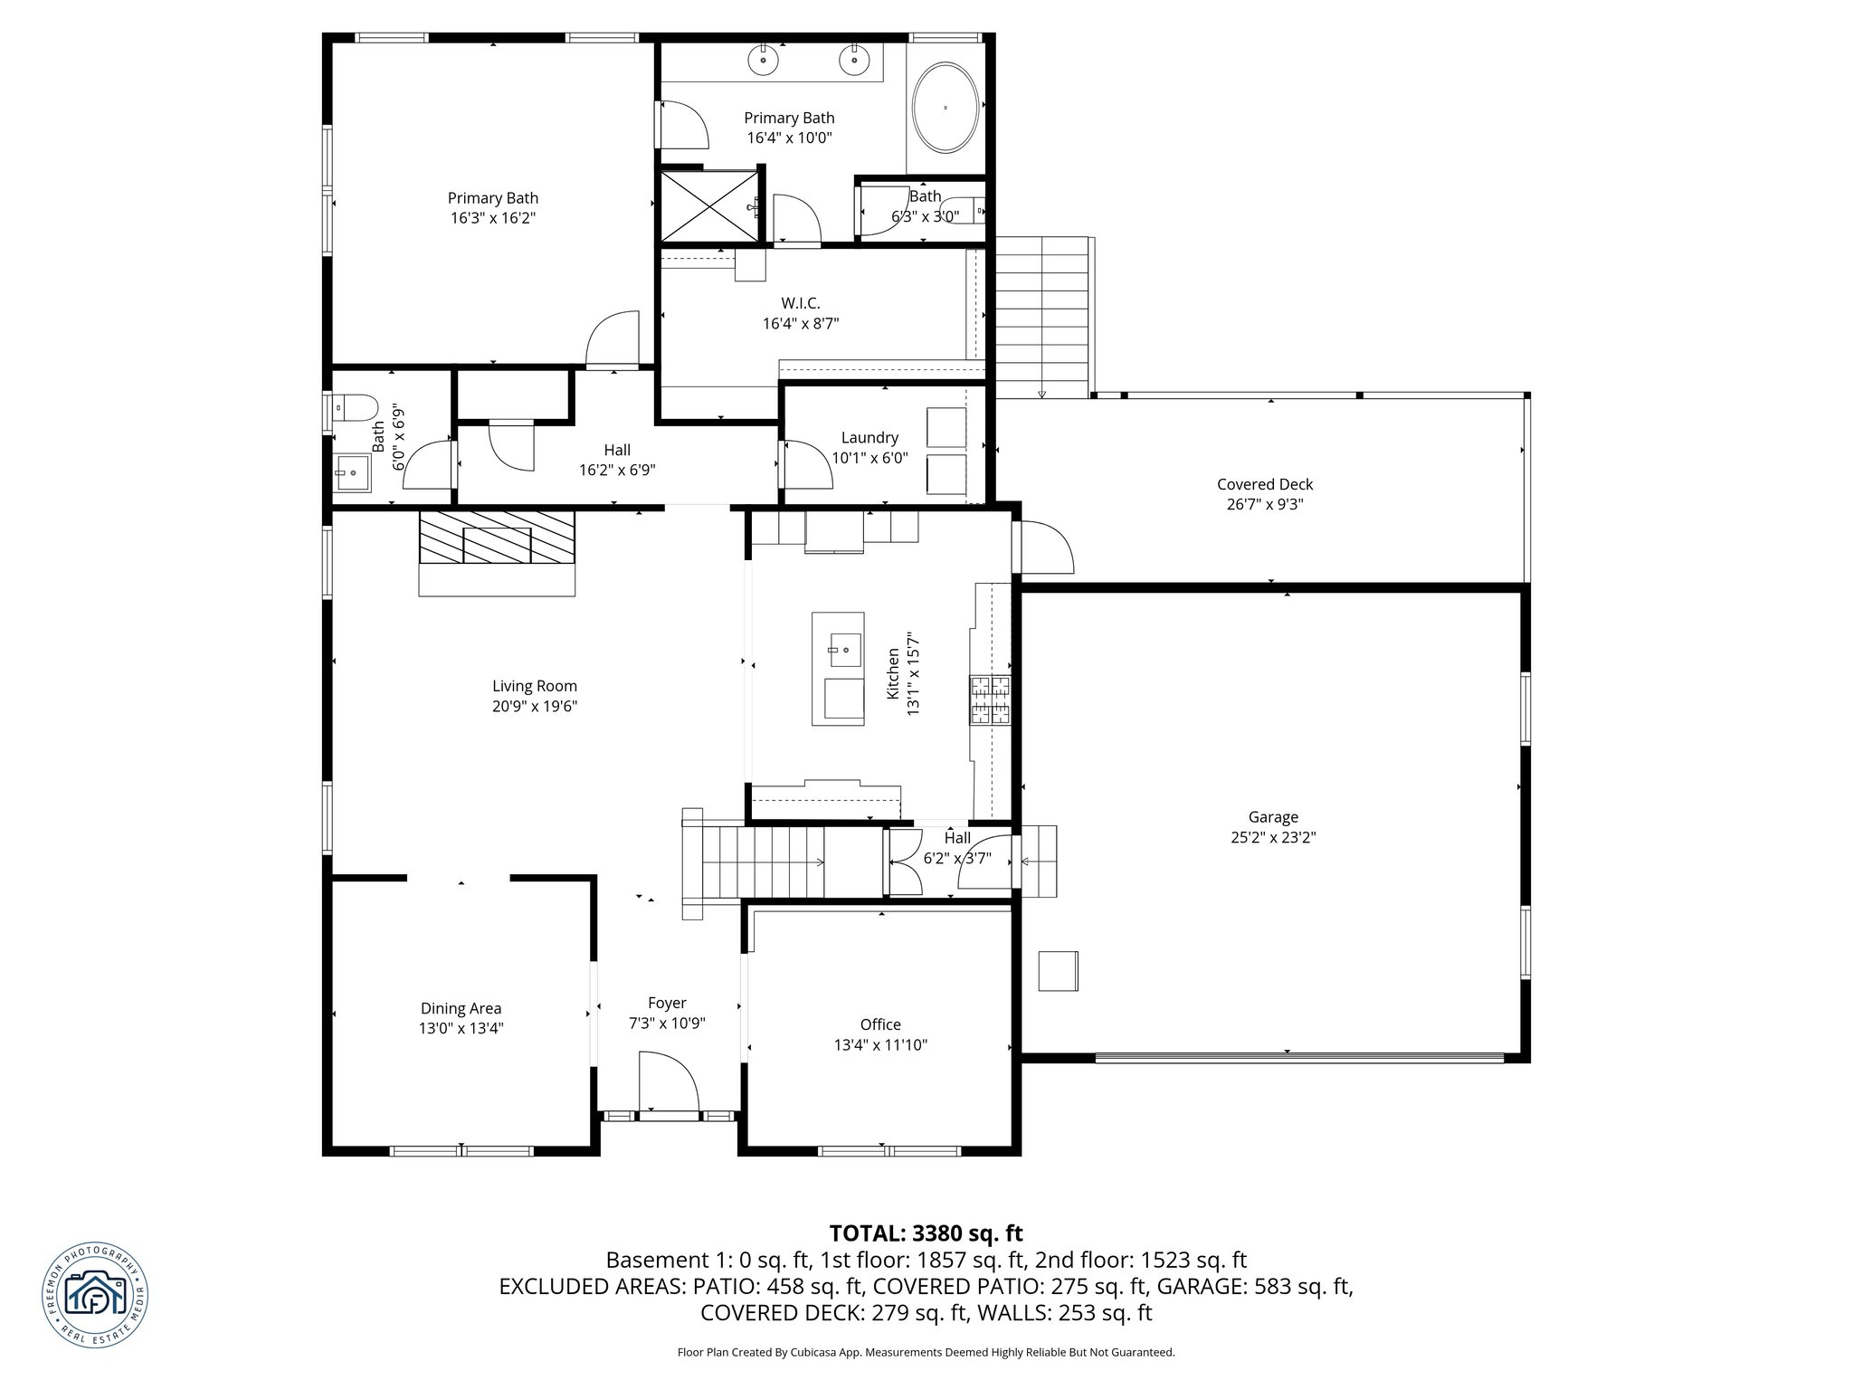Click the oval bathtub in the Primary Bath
click(x=946, y=108)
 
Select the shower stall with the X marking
click(x=708, y=207)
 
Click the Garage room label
click(x=1273, y=817)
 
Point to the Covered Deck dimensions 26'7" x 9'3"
click(x=1265, y=505)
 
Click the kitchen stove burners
click(x=991, y=700)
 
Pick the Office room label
click(x=880, y=1024)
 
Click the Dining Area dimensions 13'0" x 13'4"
click(x=461, y=1028)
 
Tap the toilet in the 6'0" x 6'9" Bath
click(x=355, y=407)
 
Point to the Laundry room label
click(x=869, y=438)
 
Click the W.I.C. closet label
click(x=801, y=303)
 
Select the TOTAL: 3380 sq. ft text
click(x=926, y=1233)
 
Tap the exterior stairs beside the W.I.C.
click(x=1041, y=317)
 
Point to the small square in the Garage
click(x=1058, y=971)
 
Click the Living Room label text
click(x=534, y=686)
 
